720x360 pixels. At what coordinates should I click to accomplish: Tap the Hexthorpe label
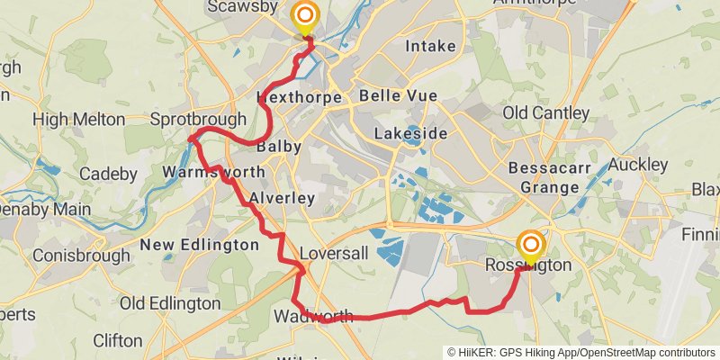pos(299,96)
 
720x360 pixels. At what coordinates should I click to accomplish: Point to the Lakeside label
pos(410,133)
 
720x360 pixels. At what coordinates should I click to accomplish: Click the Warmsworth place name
pos(214,172)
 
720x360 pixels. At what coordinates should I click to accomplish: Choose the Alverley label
pos(282,198)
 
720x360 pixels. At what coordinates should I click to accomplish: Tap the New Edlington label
pos(200,245)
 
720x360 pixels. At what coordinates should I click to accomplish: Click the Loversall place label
pos(334,254)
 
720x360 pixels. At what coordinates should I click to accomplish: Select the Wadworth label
pos(313,316)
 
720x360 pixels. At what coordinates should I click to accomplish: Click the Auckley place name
pos(638,165)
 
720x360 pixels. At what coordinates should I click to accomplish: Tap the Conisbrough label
pos(76,256)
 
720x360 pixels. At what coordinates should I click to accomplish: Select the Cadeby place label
pos(108,174)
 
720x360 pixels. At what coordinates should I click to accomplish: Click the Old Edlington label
pos(170,303)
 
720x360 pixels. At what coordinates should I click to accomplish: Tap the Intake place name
pos(430,46)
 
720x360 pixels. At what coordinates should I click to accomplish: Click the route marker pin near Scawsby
pos(306,15)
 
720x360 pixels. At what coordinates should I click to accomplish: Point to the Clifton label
pos(117,340)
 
